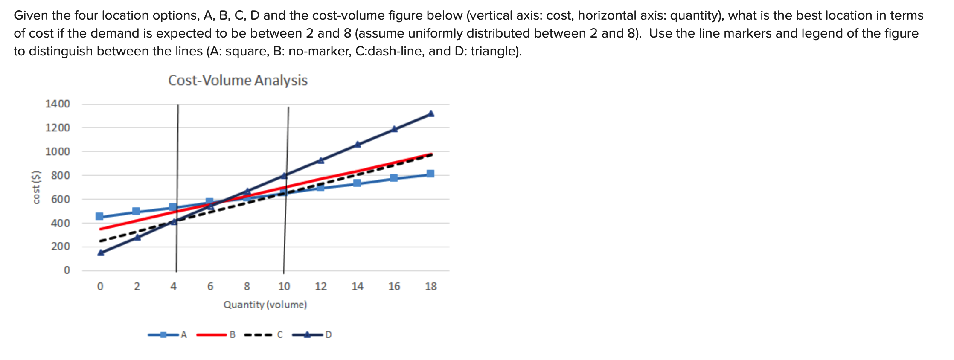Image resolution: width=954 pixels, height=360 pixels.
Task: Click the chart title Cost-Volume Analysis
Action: [x=238, y=80]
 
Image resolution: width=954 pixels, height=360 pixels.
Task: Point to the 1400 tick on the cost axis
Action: [x=58, y=104]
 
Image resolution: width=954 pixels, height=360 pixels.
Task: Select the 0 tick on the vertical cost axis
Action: [x=67, y=270]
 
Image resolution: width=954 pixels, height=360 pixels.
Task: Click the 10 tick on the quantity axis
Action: [x=284, y=287]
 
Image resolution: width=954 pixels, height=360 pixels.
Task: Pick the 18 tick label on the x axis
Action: [x=430, y=287]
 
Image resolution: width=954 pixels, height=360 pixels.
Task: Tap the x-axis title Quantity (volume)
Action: [x=265, y=305]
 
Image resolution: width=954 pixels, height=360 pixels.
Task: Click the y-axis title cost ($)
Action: [x=37, y=187]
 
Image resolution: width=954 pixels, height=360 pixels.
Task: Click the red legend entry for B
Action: [x=216, y=335]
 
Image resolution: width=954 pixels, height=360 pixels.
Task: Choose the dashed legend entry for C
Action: [x=264, y=335]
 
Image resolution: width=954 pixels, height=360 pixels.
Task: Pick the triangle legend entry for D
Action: [x=312, y=335]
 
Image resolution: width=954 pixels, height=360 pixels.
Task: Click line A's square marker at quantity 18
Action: [x=430, y=174]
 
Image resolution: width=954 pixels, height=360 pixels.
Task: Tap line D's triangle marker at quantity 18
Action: [x=431, y=114]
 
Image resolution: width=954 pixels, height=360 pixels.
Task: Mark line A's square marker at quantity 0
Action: [x=99, y=216]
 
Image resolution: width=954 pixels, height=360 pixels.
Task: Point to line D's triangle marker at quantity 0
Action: [x=101, y=253]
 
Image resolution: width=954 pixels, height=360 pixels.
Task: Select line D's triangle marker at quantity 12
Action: [x=321, y=160]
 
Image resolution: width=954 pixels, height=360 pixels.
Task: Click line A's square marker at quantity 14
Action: [x=357, y=183]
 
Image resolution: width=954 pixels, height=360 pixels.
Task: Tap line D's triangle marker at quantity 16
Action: [x=394, y=129]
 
